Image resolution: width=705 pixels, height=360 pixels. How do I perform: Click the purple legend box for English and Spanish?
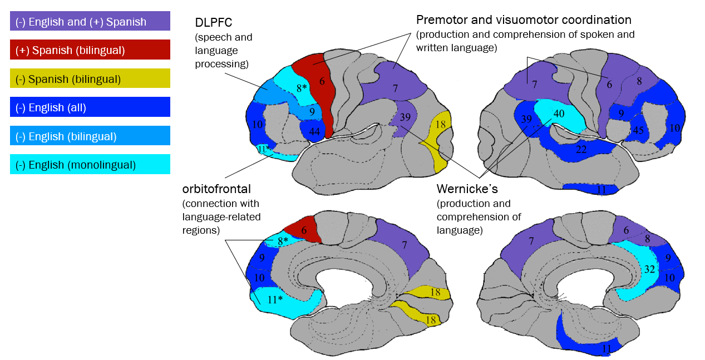90,21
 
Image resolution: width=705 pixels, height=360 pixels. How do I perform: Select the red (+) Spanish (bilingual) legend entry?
90,50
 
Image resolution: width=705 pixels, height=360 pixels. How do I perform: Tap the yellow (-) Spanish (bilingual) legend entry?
90,78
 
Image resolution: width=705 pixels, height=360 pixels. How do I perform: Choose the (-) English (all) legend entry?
90,107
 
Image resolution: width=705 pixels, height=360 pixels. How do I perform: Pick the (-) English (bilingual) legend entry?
90,136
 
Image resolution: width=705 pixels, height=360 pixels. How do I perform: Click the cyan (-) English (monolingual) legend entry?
90,164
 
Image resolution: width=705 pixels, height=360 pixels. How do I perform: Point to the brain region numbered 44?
313,131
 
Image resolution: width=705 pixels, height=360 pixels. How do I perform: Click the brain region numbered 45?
637,130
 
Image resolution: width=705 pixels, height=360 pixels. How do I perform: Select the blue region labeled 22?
579,148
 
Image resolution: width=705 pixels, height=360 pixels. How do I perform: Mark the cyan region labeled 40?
560,114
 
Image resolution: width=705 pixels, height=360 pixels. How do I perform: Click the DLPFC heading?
213,23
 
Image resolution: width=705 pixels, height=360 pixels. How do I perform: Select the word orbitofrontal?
216,189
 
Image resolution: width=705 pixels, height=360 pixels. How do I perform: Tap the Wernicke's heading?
467,189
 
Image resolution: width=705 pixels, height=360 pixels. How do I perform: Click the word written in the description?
432,48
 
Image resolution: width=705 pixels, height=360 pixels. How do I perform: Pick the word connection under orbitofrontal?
205,204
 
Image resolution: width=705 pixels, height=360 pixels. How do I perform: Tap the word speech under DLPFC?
212,37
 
